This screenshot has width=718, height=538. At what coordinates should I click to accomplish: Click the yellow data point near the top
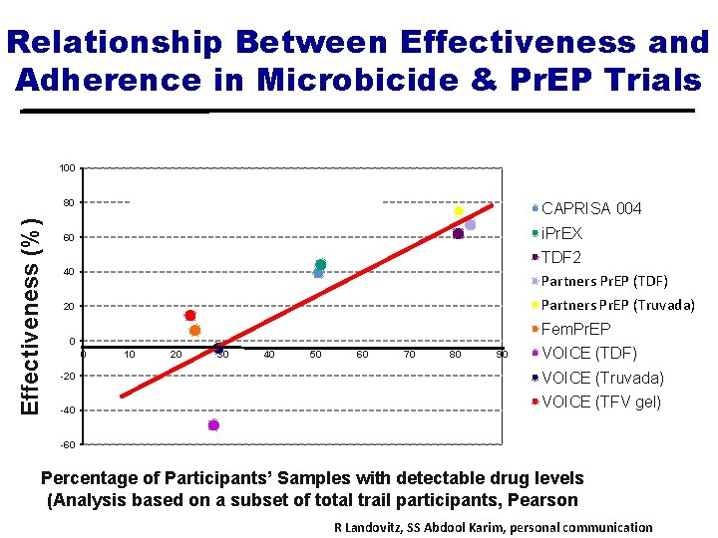point(459,211)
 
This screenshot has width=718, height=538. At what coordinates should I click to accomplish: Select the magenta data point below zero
point(213,425)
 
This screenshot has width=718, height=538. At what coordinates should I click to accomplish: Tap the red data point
point(190,316)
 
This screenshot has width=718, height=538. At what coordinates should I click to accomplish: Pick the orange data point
point(195,330)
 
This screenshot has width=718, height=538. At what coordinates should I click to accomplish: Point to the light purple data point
point(470,225)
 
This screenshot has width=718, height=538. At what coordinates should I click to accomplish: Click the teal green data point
point(321,265)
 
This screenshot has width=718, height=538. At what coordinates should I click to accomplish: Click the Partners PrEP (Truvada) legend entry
point(617,305)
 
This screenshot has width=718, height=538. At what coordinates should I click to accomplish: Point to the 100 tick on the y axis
point(66,168)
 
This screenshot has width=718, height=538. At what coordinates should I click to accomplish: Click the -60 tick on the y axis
point(66,444)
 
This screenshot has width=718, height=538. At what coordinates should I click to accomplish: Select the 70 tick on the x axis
point(409,355)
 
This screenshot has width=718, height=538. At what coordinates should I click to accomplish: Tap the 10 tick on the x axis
point(130,355)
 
